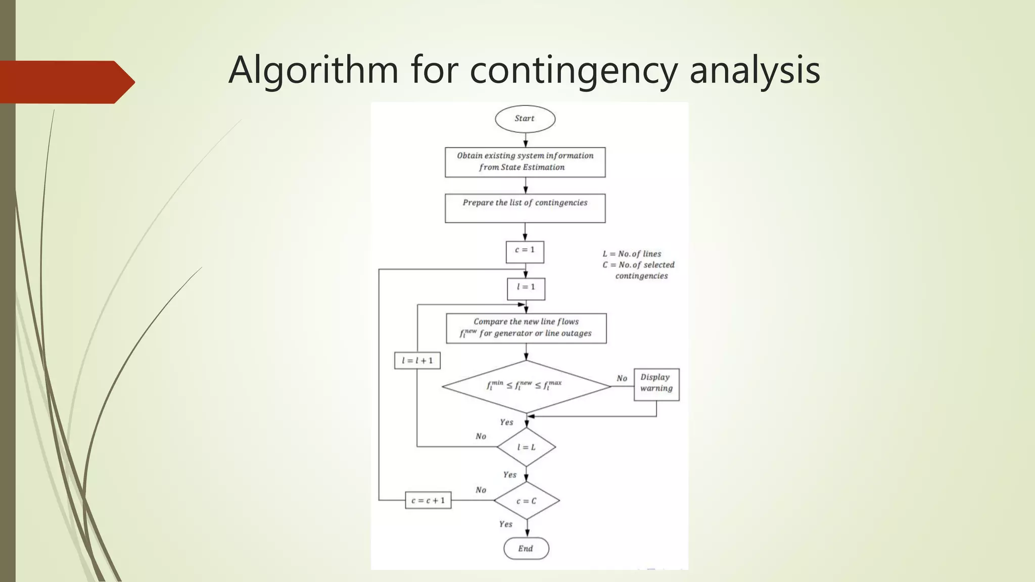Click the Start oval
pyautogui.click(x=525, y=119)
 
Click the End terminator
pyautogui.click(x=526, y=549)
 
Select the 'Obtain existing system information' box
pyautogui.click(x=525, y=162)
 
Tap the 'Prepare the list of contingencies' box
pyautogui.click(x=525, y=208)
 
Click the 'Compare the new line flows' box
pyautogui.click(x=526, y=328)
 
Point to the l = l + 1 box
pyautogui.click(x=417, y=361)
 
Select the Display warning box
pyautogui.click(x=656, y=384)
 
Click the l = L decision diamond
pyautogui.click(x=526, y=447)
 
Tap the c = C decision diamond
pyautogui.click(x=526, y=501)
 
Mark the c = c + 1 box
pyautogui.click(x=428, y=501)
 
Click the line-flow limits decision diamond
pyautogui.click(x=526, y=386)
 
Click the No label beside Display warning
pyautogui.click(x=622, y=378)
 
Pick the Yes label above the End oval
pyautogui.click(x=505, y=524)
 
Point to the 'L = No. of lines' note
pyautogui.click(x=632, y=254)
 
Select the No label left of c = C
pyautogui.click(x=481, y=490)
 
